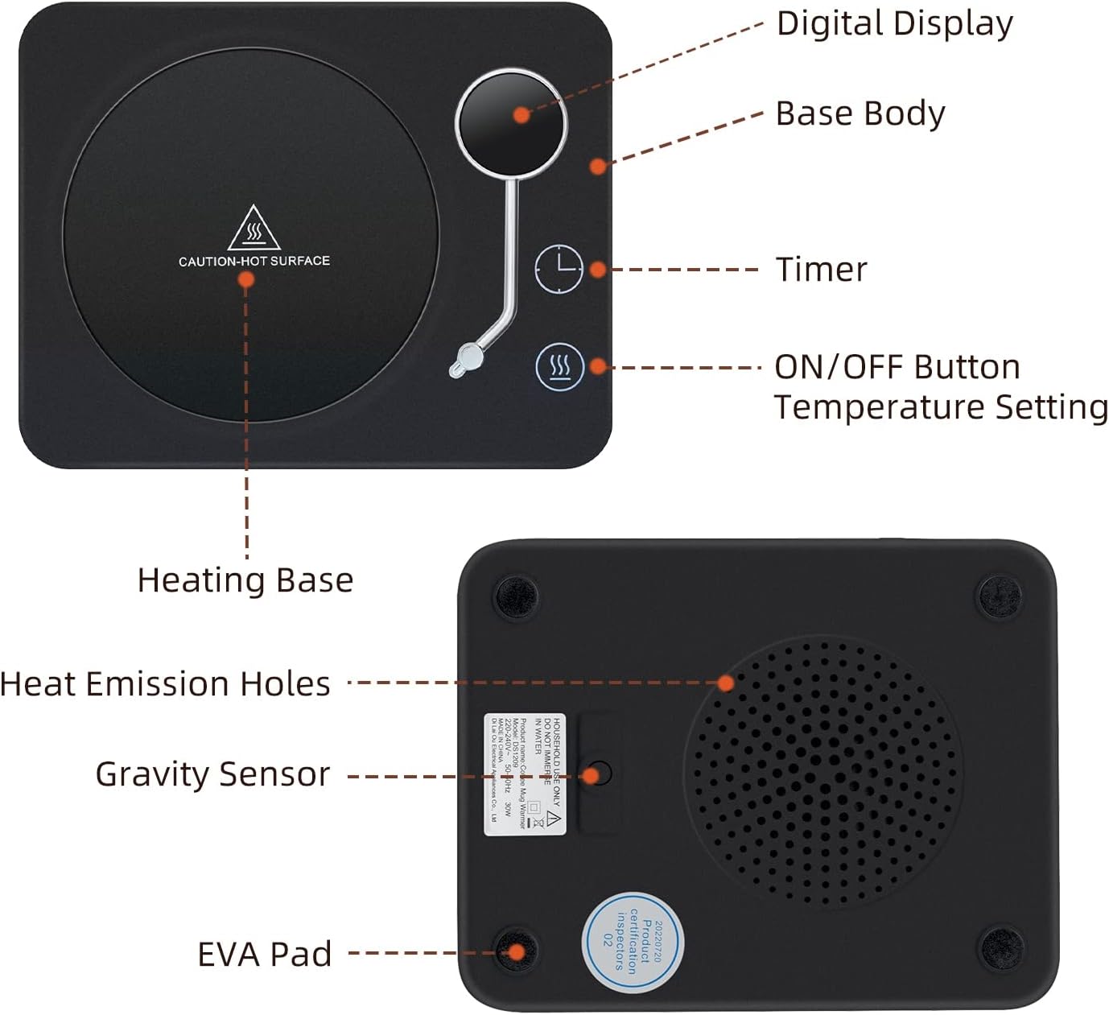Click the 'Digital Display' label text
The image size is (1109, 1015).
pyautogui.click(x=894, y=24)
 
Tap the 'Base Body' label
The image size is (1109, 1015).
pyautogui.click(x=860, y=113)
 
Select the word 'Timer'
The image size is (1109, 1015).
pyautogui.click(x=821, y=270)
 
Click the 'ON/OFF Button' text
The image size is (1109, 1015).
pyautogui.click(x=897, y=367)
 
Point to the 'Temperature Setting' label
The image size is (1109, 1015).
pyautogui.click(x=940, y=407)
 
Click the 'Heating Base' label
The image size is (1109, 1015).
pyautogui.click(x=245, y=580)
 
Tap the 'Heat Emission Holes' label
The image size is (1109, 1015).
pyautogui.click(x=166, y=684)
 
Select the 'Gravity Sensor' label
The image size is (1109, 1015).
pyautogui.click(x=212, y=774)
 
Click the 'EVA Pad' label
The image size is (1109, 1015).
pyautogui.click(x=265, y=954)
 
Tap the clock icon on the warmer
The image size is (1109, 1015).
pyautogui.click(x=559, y=268)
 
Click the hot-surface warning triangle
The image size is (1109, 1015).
pyautogui.click(x=254, y=228)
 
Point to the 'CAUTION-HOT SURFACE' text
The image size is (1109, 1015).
pyautogui.click(x=254, y=261)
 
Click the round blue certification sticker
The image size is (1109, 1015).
pyautogui.click(x=633, y=943)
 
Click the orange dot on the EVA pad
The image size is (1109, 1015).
pyautogui.click(x=517, y=953)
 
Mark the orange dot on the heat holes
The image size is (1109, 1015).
pyautogui.click(x=726, y=683)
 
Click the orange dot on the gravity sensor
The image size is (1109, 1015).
pyautogui.click(x=591, y=776)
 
